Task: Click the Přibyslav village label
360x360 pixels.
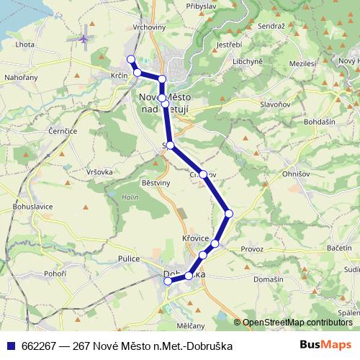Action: pyautogui.click(x=200, y=5)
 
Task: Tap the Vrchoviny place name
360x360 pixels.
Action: pyautogui.click(x=149, y=27)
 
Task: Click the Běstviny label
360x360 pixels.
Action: pyautogui.click(x=156, y=184)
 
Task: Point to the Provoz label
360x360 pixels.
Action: pyautogui.click(x=253, y=248)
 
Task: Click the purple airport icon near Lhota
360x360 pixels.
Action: pyautogui.click(x=84, y=37)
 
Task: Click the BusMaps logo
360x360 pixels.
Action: pyautogui.click(x=325, y=346)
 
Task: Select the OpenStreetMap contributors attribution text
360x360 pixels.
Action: pyautogui.click(x=297, y=322)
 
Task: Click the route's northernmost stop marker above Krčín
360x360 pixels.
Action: pyautogui.click(x=131, y=59)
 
